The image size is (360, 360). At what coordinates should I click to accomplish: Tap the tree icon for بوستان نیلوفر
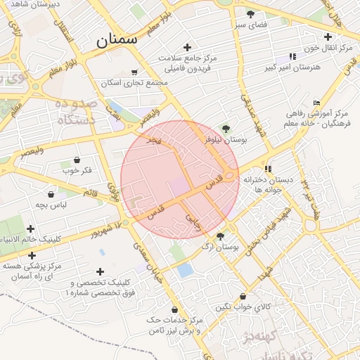click(226, 129)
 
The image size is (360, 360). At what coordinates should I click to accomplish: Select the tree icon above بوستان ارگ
click(220, 236)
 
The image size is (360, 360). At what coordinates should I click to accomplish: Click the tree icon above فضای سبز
click(250, 14)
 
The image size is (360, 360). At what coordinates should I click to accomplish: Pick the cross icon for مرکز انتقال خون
click(328, 37)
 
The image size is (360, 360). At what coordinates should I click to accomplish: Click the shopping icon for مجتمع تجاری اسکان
click(134, 72)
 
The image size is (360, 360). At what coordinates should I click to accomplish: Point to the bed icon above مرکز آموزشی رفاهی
click(316, 102)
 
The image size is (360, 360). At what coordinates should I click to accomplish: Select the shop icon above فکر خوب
click(77, 160)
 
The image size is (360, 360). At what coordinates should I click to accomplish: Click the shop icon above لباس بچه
click(51, 194)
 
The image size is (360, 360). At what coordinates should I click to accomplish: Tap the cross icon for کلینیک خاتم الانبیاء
click(30, 229)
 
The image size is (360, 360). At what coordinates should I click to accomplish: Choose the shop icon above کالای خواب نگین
click(243, 296)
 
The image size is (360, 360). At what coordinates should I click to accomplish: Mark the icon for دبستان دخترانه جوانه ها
click(268, 169)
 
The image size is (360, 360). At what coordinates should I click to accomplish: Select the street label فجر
click(153, 141)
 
